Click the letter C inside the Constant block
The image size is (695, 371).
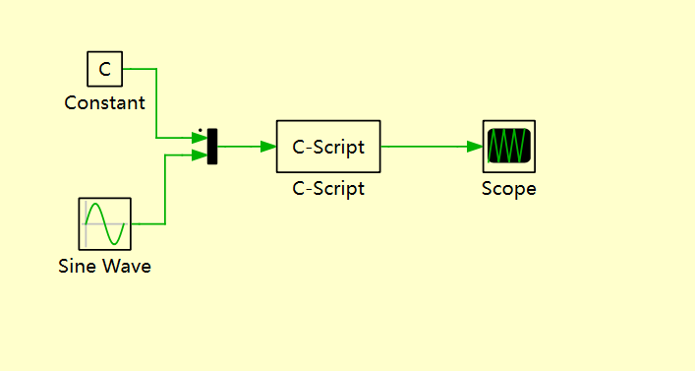pyautogui.click(x=105, y=69)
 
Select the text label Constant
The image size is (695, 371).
pyautogui.click(x=105, y=102)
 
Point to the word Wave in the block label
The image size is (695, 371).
pyautogui.click(x=127, y=266)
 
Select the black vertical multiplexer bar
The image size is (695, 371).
pyautogui.click(x=212, y=147)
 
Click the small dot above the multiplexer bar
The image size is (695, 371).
pyautogui.click(x=201, y=129)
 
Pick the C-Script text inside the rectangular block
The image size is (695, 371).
pyautogui.click(x=328, y=147)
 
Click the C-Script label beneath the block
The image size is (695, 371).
pyautogui.click(x=328, y=189)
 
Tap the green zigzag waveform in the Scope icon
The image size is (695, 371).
pyautogui.click(x=509, y=147)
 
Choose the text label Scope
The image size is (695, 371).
pyautogui.click(x=509, y=189)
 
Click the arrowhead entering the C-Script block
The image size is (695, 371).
pyautogui.click(x=268, y=147)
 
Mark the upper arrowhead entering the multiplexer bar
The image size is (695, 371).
pyautogui.click(x=201, y=139)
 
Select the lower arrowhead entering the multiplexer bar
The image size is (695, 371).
pyautogui.click(x=201, y=155)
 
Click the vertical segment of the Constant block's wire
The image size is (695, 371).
pyautogui.click(x=156, y=103)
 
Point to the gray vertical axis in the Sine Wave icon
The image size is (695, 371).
pyautogui.click(x=87, y=224)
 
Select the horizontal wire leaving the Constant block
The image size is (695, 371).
pyautogui.click(x=140, y=69)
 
